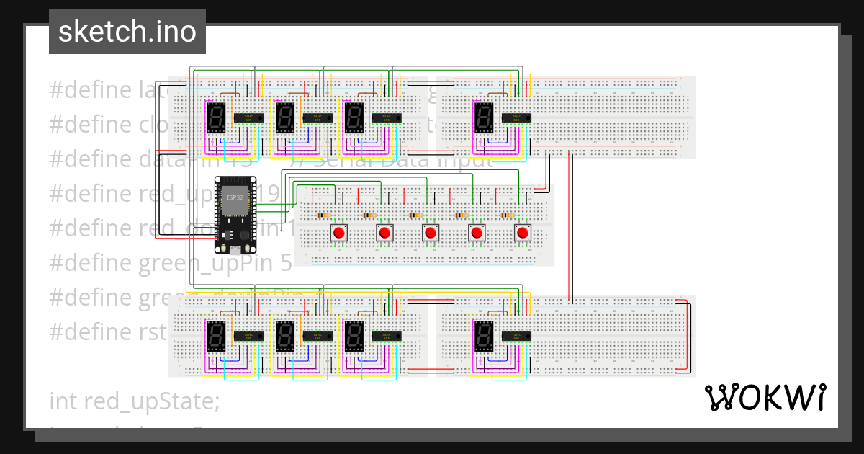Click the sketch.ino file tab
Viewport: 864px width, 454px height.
coord(127,32)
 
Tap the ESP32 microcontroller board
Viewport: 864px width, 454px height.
coord(235,214)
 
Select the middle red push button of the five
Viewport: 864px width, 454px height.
coord(431,233)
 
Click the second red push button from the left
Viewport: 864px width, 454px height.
coord(385,233)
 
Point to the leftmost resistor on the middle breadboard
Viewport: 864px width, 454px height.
coord(323,215)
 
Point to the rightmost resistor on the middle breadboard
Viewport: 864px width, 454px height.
coord(508,215)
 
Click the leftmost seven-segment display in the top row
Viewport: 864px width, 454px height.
coord(217,117)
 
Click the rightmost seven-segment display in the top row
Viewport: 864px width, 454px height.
coord(483,117)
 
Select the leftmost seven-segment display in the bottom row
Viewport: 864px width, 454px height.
coord(217,335)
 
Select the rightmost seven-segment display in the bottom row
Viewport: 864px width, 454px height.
coord(483,335)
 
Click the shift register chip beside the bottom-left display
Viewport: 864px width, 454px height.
coord(248,335)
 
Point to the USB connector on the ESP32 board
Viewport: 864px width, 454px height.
coord(235,249)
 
